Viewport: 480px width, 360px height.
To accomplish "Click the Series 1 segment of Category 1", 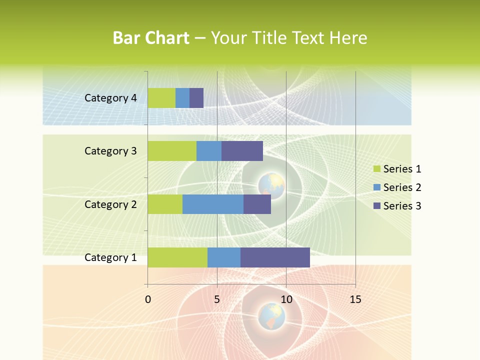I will [x=177, y=257].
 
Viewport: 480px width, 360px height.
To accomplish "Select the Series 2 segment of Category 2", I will [x=213, y=204].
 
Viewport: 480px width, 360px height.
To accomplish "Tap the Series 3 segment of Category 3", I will [x=242, y=151].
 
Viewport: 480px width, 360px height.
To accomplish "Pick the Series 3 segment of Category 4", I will [x=196, y=98].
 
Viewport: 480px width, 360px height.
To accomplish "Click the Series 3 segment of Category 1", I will [x=275, y=257].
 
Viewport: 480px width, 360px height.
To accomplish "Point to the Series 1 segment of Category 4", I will [x=161, y=98].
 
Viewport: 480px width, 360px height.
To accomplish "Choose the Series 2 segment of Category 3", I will [x=209, y=151].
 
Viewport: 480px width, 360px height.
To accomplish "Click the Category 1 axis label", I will [x=110, y=257].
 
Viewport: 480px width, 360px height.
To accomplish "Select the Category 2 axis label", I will [x=110, y=204].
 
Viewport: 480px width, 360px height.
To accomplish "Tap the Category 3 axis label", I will [x=110, y=151].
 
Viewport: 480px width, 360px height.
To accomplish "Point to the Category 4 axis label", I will [x=110, y=98].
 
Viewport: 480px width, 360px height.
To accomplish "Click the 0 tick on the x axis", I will [x=148, y=299].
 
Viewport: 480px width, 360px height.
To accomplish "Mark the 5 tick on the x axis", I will [x=217, y=299].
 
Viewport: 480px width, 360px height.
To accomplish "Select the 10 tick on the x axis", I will [x=286, y=299].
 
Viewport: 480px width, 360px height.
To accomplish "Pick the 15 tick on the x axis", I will [x=355, y=299].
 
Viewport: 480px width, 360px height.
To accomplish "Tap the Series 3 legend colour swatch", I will [x=376, y=206].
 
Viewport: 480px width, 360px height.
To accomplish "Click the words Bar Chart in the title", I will [x=151, y=38].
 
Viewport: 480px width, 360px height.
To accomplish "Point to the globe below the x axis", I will [x=271, y=316].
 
